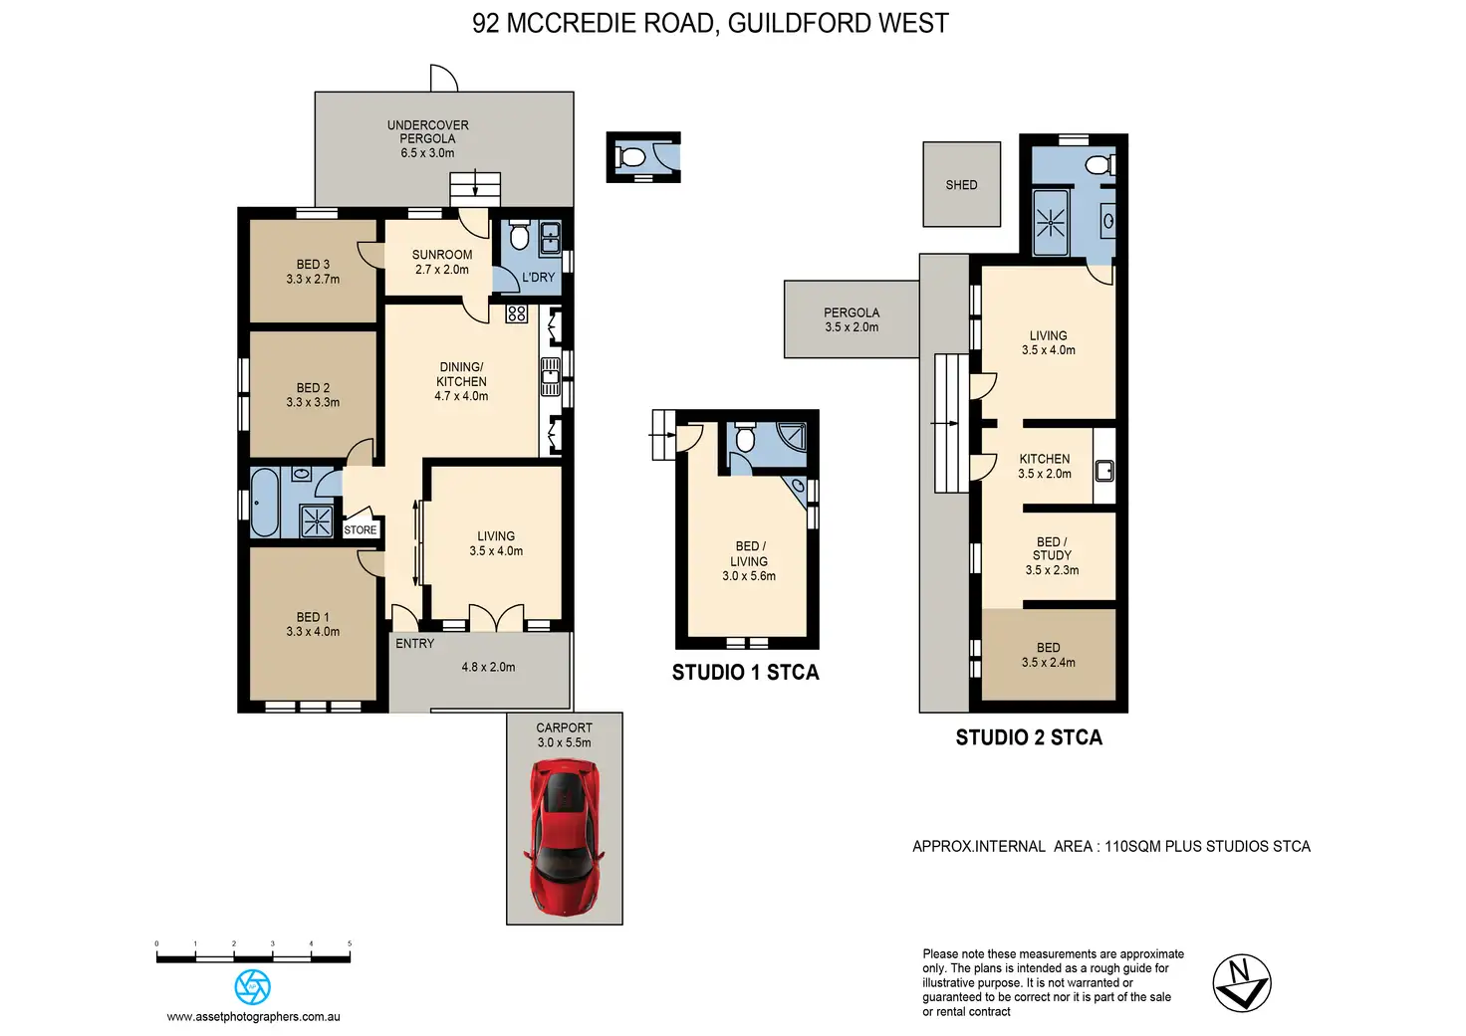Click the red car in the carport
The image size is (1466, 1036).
click(564, 836)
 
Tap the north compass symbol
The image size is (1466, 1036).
click(1242, 983)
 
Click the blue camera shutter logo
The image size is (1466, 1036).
click(253, 986)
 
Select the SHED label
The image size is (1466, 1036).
click(961, 185)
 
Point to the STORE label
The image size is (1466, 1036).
click(361, 529)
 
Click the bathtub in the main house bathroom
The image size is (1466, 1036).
click(264, 503)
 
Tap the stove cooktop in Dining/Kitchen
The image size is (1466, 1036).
click(516, 313)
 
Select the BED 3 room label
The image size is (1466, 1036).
click(313, 265)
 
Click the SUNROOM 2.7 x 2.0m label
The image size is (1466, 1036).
click(442, 262)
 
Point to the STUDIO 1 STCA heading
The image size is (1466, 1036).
click(745, 673)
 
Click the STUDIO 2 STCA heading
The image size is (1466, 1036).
click(1029, 737)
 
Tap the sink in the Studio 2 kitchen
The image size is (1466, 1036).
click(1104, 471)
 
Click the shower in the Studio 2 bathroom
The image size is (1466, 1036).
click(1051, 222)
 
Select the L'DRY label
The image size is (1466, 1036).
click(538, 278)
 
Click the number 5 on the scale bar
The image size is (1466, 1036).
click(350, 943)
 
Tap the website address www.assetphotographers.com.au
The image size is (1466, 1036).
click(253, 1017)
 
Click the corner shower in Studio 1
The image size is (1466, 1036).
click(792, 436)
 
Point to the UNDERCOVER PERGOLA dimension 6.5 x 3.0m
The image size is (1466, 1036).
click(427, 153)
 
